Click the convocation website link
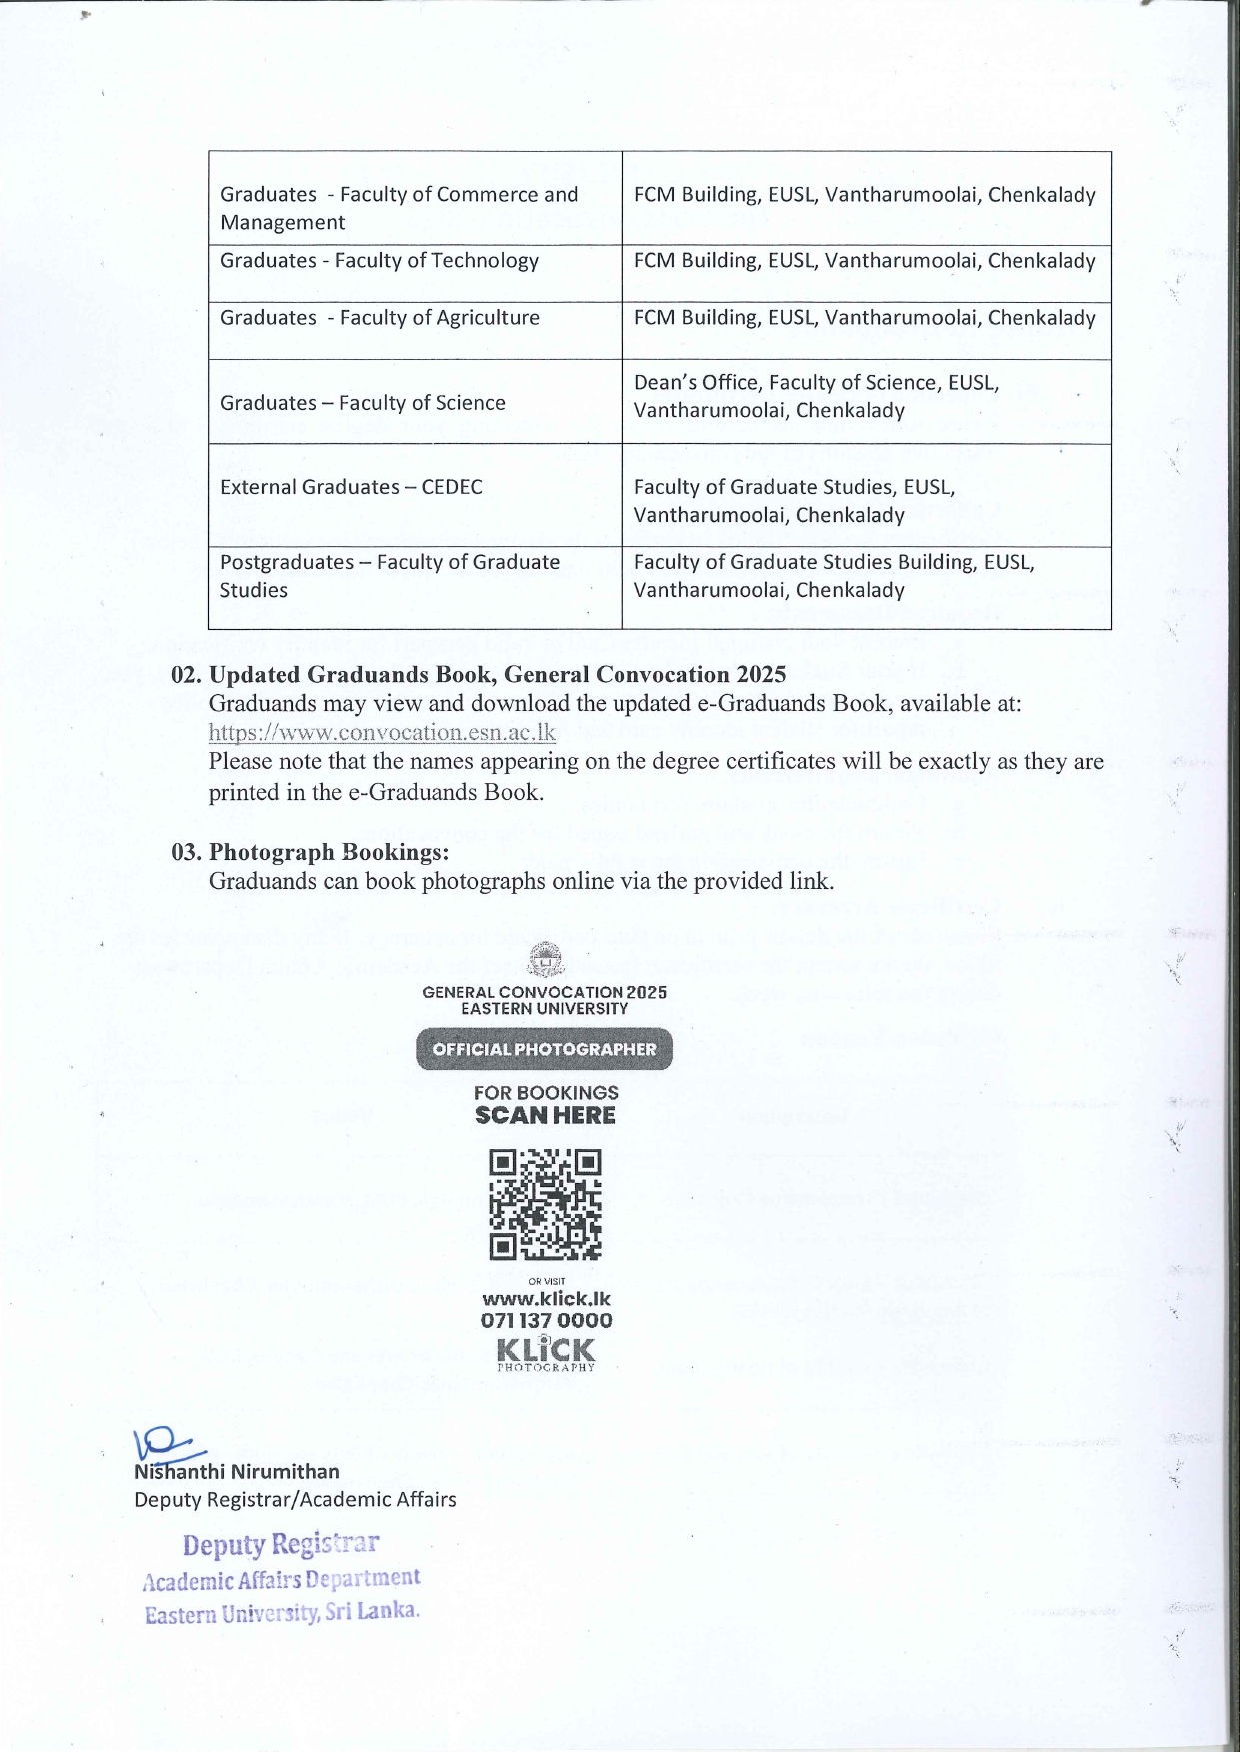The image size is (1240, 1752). [x=382, y=732]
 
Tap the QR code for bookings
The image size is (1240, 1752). [x=545, y=1204]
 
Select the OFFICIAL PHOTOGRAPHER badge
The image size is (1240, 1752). [x=545, y=1049]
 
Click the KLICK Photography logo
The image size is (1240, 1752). [x=546, y=1353]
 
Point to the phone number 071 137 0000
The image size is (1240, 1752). [x=546, y=1320]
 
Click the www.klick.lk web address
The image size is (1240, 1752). [x=546, y=1299]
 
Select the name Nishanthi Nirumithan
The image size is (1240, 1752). [x=237, y=1471]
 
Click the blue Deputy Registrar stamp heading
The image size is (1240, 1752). [x=281, y=1544]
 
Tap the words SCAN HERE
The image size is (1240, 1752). [x=545, y=1116]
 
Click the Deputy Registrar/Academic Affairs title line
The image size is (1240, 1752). [x=295, y=1499]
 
